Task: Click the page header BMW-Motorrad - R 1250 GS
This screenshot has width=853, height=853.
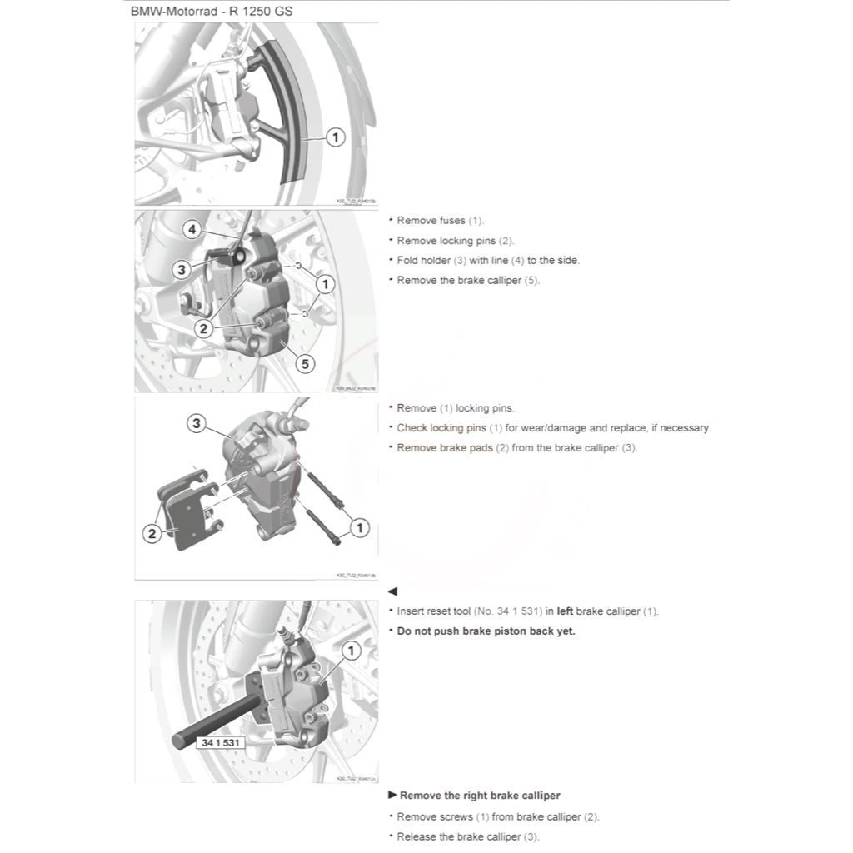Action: pos(216,12)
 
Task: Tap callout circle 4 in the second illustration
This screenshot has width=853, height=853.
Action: pos(192,228)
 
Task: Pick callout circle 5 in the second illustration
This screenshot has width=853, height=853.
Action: pos(305,363)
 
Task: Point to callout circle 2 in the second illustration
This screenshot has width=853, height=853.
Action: pos(203,328)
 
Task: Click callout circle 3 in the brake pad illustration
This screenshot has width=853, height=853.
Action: pos(197,424)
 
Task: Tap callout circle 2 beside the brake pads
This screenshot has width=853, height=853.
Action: pos(152,534)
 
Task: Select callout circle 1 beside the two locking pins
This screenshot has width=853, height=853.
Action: pos(360,527)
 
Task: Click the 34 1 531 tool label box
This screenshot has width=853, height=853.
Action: pos(220,742)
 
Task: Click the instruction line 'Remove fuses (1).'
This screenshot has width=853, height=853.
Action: pos(440,221)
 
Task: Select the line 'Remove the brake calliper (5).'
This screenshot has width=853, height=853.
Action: pos(468,281)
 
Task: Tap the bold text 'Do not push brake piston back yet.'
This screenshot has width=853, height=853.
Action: pos(486,631)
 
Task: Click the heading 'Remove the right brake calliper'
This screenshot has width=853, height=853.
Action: pos(480,796)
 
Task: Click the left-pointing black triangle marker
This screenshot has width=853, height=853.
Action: pos(393,591)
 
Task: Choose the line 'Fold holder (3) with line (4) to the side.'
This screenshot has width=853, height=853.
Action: pos(488,261)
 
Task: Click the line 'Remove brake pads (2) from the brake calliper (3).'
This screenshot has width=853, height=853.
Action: pos(517,448)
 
